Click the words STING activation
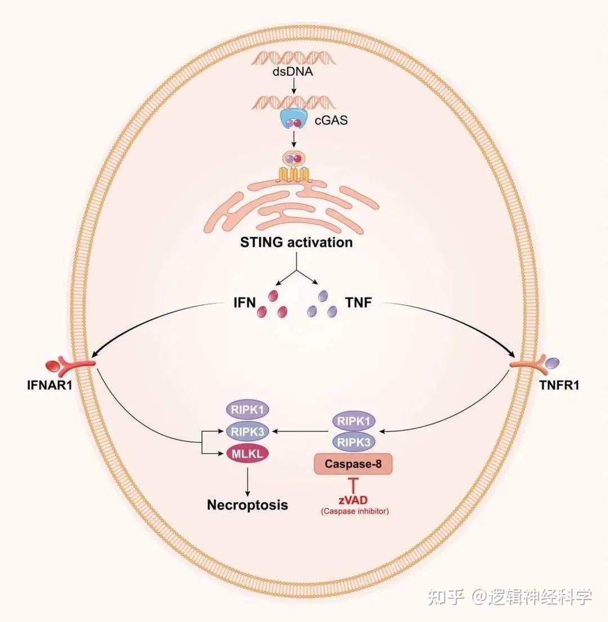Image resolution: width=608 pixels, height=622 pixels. [297, 243]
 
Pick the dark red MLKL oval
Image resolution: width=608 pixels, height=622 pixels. [243, 452]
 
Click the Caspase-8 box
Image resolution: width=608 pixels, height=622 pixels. [352, 464]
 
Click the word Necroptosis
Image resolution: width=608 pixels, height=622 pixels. [247, 504]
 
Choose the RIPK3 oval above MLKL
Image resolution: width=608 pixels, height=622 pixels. [243, 431]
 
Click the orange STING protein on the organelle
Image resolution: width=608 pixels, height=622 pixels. [292, 174]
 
